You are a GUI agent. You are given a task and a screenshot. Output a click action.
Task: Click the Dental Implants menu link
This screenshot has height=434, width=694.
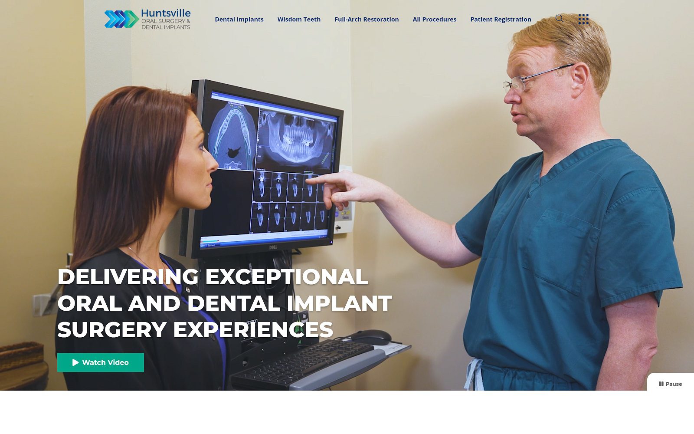click(x=239, y=19)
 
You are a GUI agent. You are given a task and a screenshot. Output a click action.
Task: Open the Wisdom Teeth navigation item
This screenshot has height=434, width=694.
click(x=299, y=19)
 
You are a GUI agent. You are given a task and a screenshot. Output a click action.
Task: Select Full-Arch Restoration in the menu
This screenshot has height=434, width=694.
click(x=367, y=19)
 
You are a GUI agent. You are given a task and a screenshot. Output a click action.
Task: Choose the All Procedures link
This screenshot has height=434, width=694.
click(x=434, y=19)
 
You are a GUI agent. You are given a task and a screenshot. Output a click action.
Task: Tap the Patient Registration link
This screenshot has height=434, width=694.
click(x=501, y=19)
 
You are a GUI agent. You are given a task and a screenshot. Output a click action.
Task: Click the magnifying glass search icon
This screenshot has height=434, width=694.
click(x=559, y=18)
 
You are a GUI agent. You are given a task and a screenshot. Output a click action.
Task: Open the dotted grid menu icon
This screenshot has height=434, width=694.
click(x=583, y=19)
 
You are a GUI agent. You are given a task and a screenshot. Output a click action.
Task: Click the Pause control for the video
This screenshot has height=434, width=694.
click(x=670, y=384)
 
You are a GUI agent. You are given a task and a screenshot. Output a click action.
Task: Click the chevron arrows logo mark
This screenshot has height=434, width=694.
click(x=121, y=19)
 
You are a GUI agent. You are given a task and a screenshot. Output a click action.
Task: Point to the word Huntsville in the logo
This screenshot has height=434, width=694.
click(x=166, y=13)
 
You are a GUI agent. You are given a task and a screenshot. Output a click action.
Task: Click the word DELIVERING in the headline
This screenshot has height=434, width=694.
click(x=128, y=276)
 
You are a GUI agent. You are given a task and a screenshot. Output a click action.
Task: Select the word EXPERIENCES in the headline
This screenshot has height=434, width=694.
click(x=253, y=329)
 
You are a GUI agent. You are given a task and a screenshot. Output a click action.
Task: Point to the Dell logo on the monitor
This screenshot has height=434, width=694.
click(x=273, y=247)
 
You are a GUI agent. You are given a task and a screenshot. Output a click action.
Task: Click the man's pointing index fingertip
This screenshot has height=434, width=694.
click(x=310, y=180)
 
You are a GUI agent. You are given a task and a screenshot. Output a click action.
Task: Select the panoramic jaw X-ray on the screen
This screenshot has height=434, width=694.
click(x=296, y=138)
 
